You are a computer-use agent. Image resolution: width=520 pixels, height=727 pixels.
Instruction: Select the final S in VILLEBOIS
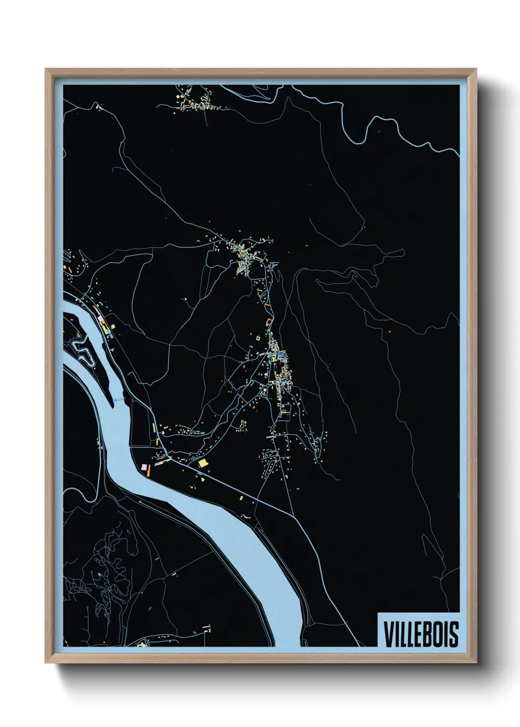(454, 634)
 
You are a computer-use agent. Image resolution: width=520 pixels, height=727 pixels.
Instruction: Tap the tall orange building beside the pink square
(149, 471)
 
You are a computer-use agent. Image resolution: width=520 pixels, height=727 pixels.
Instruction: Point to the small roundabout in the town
(270, 265)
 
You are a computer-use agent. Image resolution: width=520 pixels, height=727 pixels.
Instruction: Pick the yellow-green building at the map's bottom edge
(143, 643)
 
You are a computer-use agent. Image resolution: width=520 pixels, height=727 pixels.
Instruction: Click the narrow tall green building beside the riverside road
(154, 427)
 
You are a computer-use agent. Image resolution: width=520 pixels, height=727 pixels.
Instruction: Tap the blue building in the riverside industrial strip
(111, 336)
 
